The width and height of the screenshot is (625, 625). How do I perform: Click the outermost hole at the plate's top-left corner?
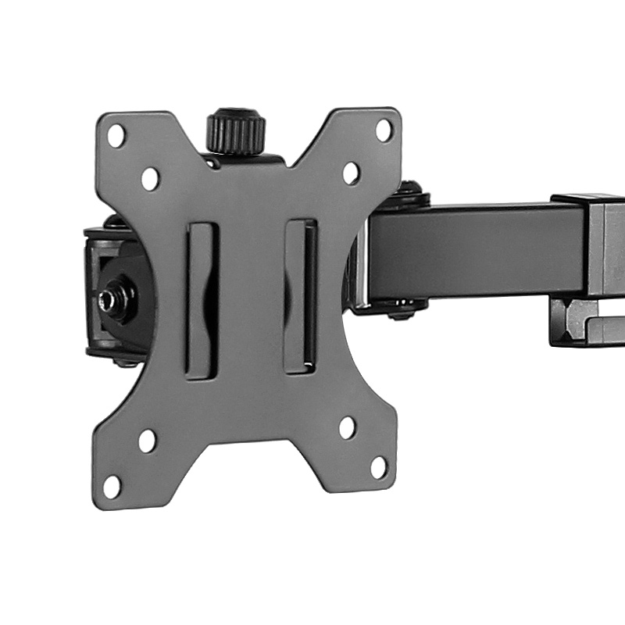click(116, 135)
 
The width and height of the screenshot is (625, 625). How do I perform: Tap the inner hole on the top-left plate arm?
click(150, 179)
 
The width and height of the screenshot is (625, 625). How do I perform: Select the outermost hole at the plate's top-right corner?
click(384, 130)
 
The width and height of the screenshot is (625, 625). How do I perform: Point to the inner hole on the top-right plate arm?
click(351, 173)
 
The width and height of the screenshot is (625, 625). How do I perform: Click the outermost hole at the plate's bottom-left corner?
click(112, 486)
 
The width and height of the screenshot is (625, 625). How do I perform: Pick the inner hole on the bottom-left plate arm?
click(147, 441)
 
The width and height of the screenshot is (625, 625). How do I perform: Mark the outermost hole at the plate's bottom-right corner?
click(379, 467)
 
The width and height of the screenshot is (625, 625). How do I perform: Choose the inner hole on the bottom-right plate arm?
click(347, 427)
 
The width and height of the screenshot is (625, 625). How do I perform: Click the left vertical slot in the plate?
click(201, 301)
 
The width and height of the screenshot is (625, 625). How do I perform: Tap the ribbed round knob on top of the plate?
click(236, 131)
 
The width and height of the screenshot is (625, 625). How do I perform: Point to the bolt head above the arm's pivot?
click(409, 192)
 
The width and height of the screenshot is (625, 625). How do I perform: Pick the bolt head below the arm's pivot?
click(403, 312)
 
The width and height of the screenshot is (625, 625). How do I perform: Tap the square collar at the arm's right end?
click(598, 242)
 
